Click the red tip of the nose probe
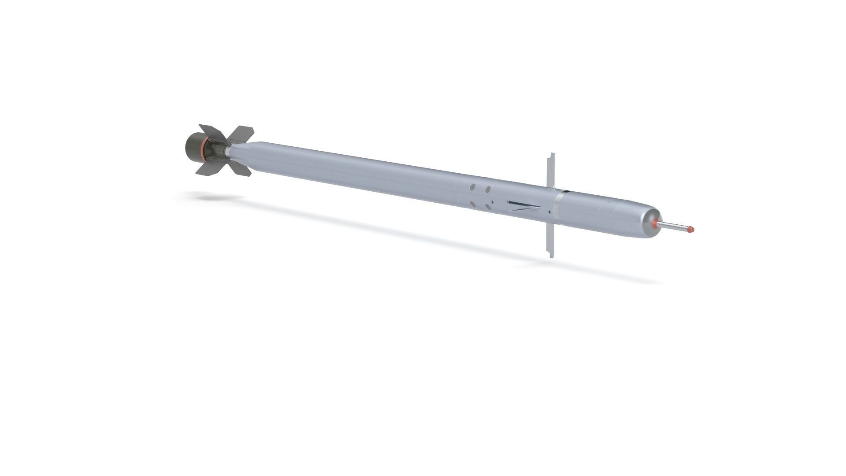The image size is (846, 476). click(690, 230)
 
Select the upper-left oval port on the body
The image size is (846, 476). click(473, 187)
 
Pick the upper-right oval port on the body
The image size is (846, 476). click(488, 190)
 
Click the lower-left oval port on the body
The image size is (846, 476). click(472, 204)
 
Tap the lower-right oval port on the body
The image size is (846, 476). click(487, 207)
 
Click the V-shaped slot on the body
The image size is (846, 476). click(523, 206)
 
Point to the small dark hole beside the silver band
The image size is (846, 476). click(549, 212)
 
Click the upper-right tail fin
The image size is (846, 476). click(242, 134)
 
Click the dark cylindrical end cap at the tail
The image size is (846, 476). click(193, 146)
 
